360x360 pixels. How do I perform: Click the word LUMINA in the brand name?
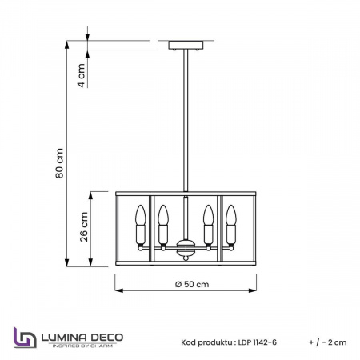(x=63, y=332)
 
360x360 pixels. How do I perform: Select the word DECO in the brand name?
(x=109, y=332)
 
